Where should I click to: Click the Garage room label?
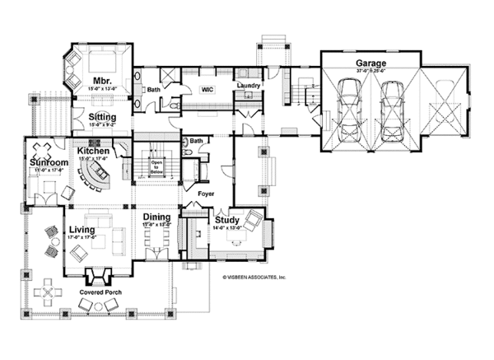click(371, 63)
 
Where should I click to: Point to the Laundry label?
click(248, 86)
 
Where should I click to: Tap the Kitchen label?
click(95, 152)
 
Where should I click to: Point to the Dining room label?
click(156, 217)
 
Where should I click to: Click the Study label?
click(226, 220)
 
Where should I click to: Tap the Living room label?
click(84, 230)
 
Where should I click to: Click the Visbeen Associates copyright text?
click(254, 278)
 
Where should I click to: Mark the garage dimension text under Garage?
click(371, 72)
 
